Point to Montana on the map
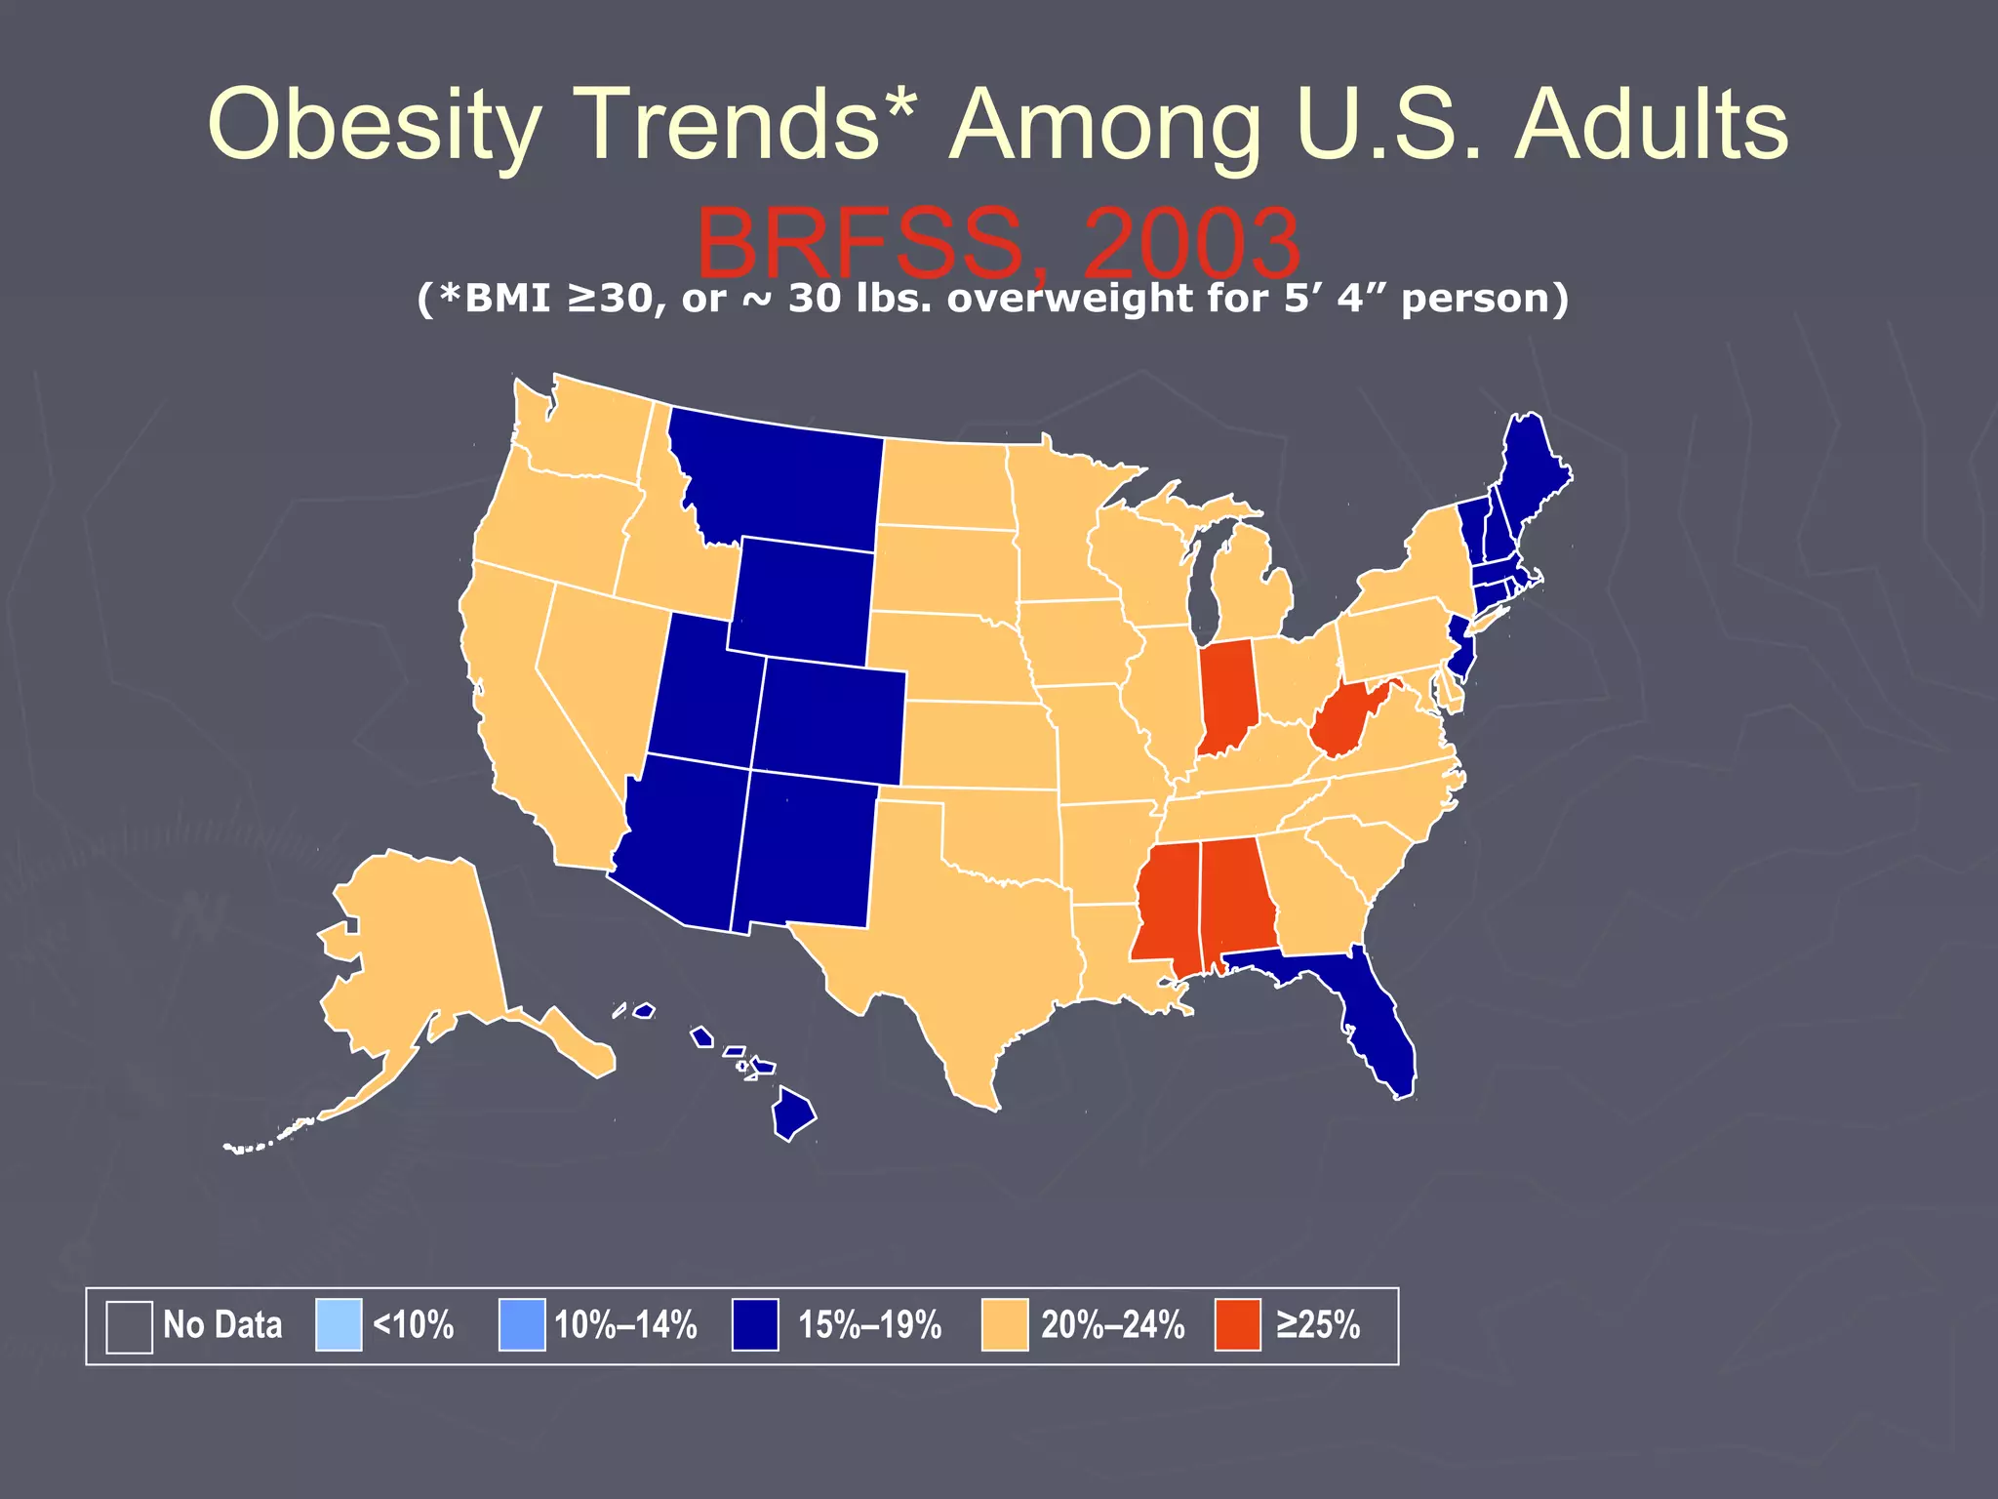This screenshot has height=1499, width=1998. click(780, 478)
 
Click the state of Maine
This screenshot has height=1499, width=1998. click(1532, 468)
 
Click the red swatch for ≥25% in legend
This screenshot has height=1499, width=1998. click(1237, 1325)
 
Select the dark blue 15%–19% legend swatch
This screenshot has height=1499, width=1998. click(755, 1325)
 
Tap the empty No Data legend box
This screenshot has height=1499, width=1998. click(129, 1327)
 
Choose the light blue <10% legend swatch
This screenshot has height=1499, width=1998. click(339, 1325)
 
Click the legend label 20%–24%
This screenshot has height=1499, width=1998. click(1112, 1325)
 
